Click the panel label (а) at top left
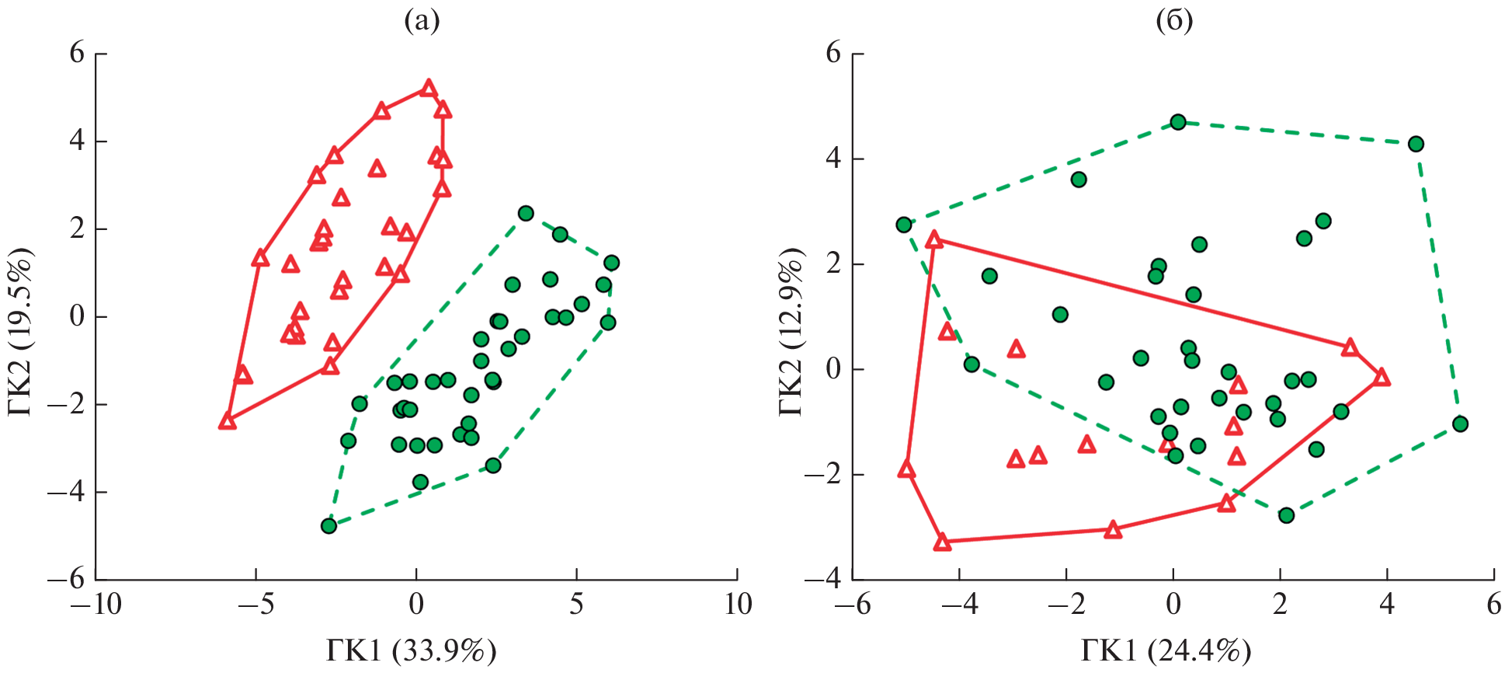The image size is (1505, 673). [x=422, y=21]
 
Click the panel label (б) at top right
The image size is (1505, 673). [x=1174, y=21]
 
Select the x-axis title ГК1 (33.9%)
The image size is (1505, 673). [x=411, y=650]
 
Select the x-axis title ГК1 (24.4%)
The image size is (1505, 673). [x=1166, y=650]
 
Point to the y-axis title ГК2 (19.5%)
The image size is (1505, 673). [x=21, y=332]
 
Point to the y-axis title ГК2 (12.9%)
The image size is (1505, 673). [x=791, y=332]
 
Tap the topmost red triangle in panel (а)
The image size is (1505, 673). [x=428, y=89]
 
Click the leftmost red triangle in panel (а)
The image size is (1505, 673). [x=227, y=421]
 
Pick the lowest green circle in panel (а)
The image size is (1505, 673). [x=328, y=526]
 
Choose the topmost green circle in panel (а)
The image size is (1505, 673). [x=526, y=213]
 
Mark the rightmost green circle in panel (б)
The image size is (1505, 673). [x=1460, y=424]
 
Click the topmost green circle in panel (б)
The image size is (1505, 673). [x=1178, y=122]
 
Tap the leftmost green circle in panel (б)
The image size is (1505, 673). [x=903, y=225]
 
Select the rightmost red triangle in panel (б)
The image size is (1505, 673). [x=1382, y=378]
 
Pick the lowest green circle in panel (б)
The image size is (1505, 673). [x=1286, y=515]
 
